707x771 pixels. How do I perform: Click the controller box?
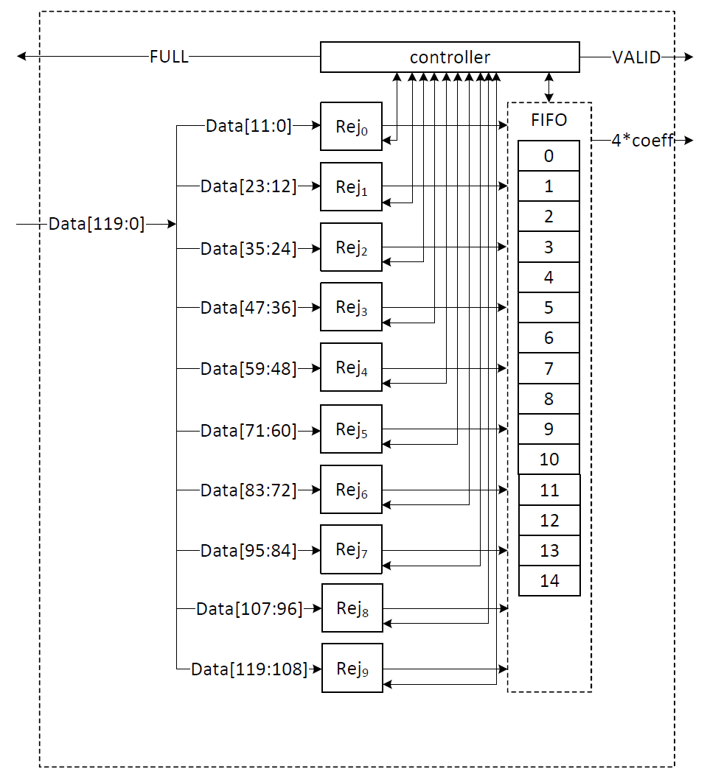click(450, 57)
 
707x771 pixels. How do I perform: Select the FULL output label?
click(169, 57)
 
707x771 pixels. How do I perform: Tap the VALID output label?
click(636, 57)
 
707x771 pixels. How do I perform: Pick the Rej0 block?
click(351, 127)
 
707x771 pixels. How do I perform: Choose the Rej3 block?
click(351, 307)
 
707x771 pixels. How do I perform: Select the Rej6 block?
click(351, 489)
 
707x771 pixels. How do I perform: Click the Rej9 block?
click(352, 669)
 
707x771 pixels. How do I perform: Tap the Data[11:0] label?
click(248, 126)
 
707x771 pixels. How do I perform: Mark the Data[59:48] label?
click(248, 368)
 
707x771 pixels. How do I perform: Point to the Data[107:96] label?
click(249, 609)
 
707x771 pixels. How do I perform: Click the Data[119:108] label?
click(249, 669)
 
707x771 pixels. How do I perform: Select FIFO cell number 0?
click(548, 156)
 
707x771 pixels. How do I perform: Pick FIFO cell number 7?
click(548, 368)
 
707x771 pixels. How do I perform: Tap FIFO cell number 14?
click(549, 581)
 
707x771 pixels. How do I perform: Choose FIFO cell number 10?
click(548, 460)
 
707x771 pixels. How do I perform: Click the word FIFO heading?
click(549, 120)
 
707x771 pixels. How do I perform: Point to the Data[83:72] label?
click(248, 490)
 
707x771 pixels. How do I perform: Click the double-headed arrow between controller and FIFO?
click(548, 88)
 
